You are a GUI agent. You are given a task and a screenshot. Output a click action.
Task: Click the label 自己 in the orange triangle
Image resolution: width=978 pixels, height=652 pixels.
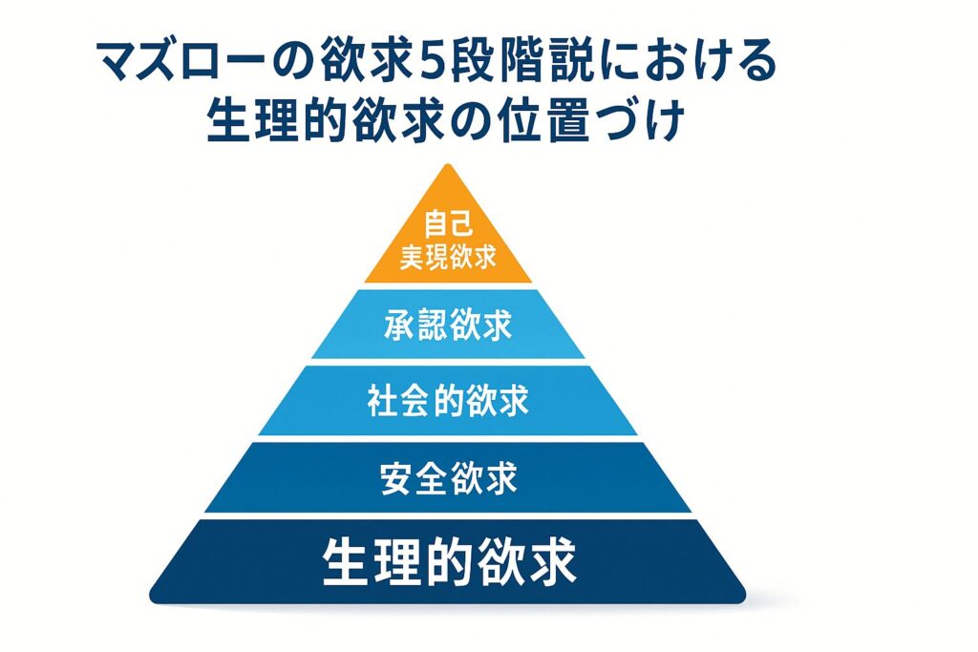coord(448,223)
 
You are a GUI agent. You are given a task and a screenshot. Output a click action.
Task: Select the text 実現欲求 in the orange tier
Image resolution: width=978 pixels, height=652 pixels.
coord(448,256)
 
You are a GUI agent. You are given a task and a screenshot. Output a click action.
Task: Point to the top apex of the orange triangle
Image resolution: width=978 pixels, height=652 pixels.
coord(448,164)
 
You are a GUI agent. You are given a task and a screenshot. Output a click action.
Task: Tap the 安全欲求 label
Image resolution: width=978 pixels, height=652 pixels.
coord(448,478)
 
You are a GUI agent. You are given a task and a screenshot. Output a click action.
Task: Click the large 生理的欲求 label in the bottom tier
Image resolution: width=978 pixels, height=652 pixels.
coord(449,561)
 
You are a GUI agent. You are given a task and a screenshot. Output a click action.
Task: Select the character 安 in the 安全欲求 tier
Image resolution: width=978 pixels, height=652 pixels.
coord(396,478)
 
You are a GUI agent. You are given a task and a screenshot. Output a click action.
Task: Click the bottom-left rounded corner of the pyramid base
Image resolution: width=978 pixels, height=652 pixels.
coord(154,597)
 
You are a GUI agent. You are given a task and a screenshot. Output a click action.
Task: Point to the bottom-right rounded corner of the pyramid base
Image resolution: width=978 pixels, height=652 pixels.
coord(741,597)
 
